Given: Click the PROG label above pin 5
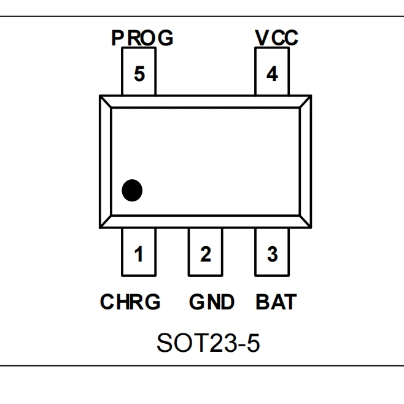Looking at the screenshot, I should (x=142, y=38).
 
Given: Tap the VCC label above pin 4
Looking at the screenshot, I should (x=276, y=38).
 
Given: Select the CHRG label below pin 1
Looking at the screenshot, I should (x=130, y=302).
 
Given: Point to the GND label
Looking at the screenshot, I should (x=211, y=302).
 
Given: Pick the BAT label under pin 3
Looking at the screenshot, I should (x=276, y=302).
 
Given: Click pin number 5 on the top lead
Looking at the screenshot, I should (x=139, y=75).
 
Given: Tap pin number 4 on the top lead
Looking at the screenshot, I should (x=272, y=75).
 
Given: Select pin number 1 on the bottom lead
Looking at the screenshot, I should (x=139, y=254).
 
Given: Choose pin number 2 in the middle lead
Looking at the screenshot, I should (x=206, y=254).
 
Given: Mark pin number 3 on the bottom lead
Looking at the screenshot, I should (x=272, y=254).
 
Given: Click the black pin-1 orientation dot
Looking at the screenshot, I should (x=132, y=190).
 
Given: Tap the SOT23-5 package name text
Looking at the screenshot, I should (x=208, y=343).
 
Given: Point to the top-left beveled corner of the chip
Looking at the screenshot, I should (x=105, y=102).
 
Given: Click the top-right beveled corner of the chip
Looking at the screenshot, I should (x=305, y=102).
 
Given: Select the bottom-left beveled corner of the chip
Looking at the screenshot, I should (x=105, y=221).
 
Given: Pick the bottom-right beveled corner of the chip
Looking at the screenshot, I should (x=305, y=221).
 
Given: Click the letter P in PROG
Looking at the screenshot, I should (x=118, y=38).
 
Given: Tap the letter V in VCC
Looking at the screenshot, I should (x=262, y=38).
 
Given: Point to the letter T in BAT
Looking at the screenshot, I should (x=289, y=302).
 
